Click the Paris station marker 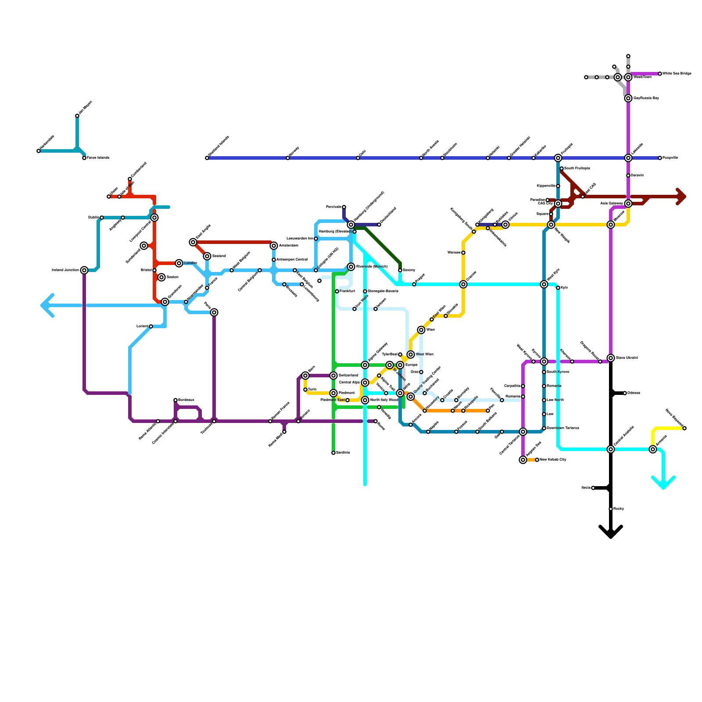tap(214, 312)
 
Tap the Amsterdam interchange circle tap(274, 246)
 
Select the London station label tap(190, 263)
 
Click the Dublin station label tap(93, 218)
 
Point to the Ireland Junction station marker tap(84, 270)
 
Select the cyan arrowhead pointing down tap(663, 484)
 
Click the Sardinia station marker tap(333, 453)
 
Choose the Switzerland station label tap(348, 376)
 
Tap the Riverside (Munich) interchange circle tap(351, 267)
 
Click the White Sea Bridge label tap(677, 74)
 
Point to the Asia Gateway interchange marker tap(628, 204)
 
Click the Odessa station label tap(634, 393)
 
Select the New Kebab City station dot tap(537, 460)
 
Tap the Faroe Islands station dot tap(84, 158)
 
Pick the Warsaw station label tap(454, 253)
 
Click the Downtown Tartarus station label tap(563, 428)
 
